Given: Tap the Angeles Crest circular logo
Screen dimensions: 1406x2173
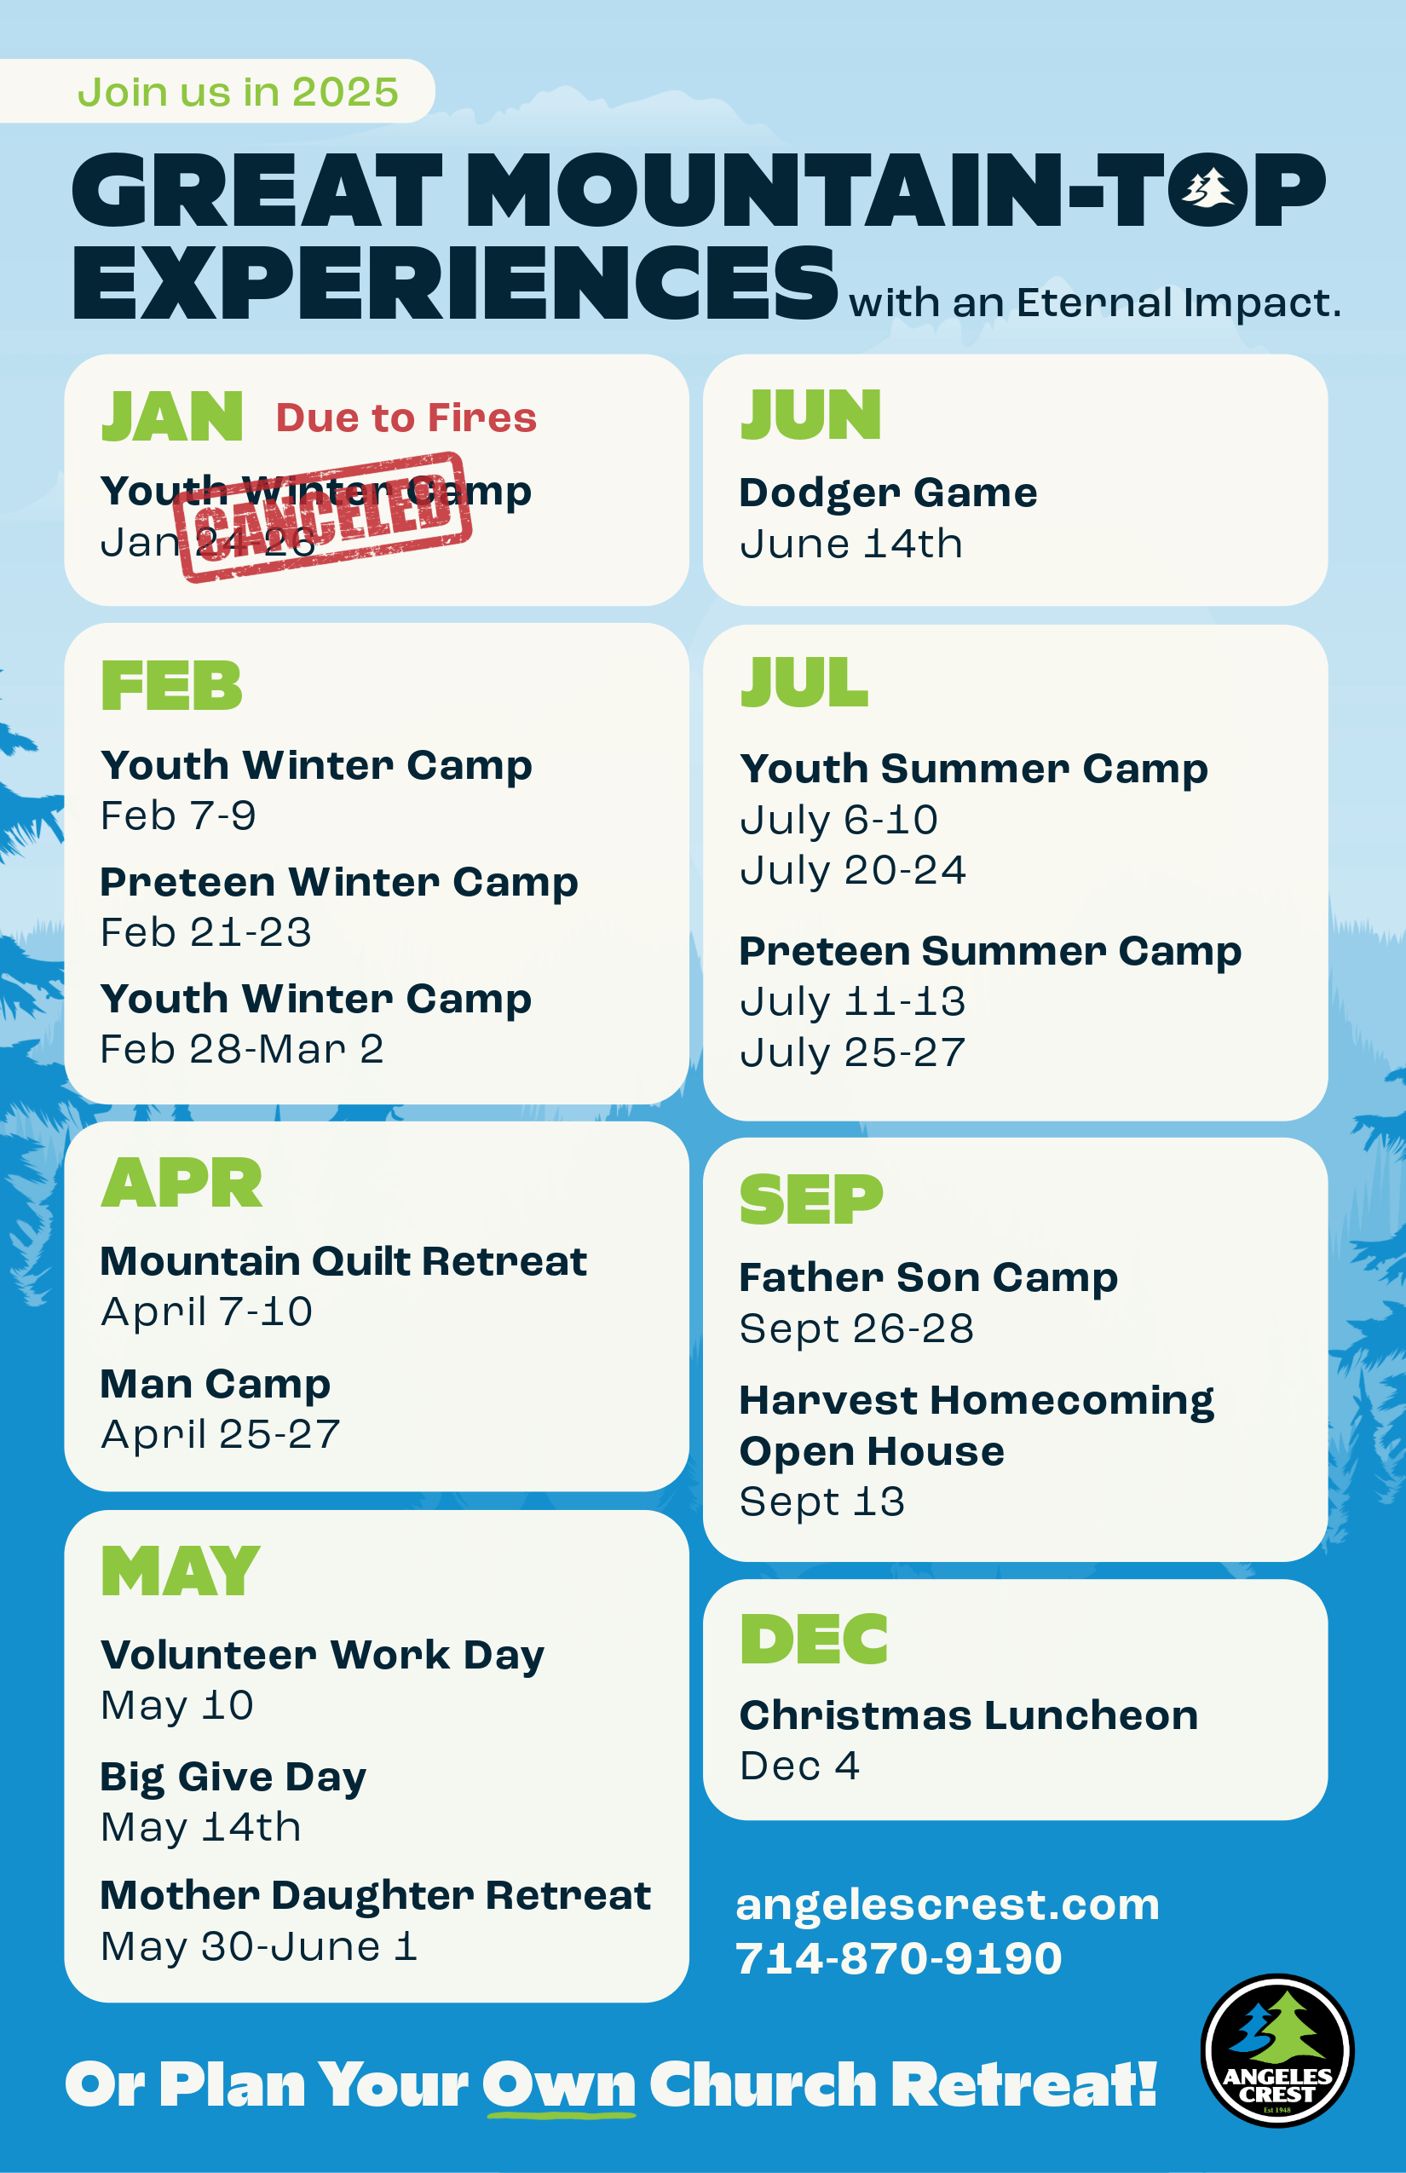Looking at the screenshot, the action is pyautogui.click(x=1277, y=2050).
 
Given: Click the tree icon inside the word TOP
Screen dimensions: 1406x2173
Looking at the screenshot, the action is pyautogui.click(x=1208, y=189).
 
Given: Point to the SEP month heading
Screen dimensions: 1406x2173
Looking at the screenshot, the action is pyautogui.click(x=811, y=1199).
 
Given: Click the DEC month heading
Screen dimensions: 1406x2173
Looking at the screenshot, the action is pyautogui.click(x=815, y=1639).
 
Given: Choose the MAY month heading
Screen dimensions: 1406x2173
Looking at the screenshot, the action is pyautogui.click(x=181, y=1571).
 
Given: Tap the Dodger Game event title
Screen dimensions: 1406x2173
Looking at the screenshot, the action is pyautogui.click(x=888, y=493).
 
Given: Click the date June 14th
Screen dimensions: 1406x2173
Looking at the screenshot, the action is pyautogui.click(x=851, y=545).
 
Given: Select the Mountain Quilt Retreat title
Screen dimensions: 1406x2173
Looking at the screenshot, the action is pyautogui.click(x=343, y=1261).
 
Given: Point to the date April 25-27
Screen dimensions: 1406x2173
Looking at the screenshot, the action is pyautogui.click(x=220, y=1434).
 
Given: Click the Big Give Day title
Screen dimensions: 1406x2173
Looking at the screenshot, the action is pyautogui.click(x=233, y=1778).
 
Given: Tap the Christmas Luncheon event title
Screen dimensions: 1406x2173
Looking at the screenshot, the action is pyautogui.click(x=969, y=1715).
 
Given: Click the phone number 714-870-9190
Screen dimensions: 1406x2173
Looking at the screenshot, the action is pyautogui.click(x=899, y=1958).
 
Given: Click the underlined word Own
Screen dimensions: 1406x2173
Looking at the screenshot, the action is pyautogui.click(x=559, y=2086).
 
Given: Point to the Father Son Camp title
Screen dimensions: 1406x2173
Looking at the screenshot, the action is pyautogui.click(x=929, y=1278).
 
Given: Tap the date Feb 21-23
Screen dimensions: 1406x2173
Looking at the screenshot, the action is pyautogui.click(x=206, y=932).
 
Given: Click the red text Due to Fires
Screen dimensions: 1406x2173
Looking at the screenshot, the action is pyautogui.click(x=406, y=418).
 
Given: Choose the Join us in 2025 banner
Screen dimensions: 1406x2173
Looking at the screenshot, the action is pyautogui.click(x=217, y=91).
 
